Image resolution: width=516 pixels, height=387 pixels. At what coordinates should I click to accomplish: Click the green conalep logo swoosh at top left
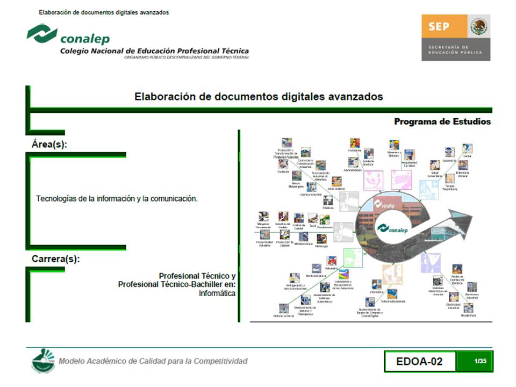42,33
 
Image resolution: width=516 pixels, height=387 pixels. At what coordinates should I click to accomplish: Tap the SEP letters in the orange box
439,26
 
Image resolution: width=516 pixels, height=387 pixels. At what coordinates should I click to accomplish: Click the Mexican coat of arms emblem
478,26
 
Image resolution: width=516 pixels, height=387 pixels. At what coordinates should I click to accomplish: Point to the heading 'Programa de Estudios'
442,121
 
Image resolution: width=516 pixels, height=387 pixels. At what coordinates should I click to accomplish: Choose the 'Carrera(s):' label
56,259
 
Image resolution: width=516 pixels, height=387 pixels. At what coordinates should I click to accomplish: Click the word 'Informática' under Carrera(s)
217,293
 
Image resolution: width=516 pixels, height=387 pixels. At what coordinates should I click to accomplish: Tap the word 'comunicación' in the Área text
174,198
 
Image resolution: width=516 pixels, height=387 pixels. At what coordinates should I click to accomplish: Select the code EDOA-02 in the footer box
419,361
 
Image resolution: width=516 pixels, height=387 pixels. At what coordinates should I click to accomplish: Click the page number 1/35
480,361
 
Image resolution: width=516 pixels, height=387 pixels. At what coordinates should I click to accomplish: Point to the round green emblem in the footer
42,360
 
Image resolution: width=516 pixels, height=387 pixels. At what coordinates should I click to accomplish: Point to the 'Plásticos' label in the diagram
328,207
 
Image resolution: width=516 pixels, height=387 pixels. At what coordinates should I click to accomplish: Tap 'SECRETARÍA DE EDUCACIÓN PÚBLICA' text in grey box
455,49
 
